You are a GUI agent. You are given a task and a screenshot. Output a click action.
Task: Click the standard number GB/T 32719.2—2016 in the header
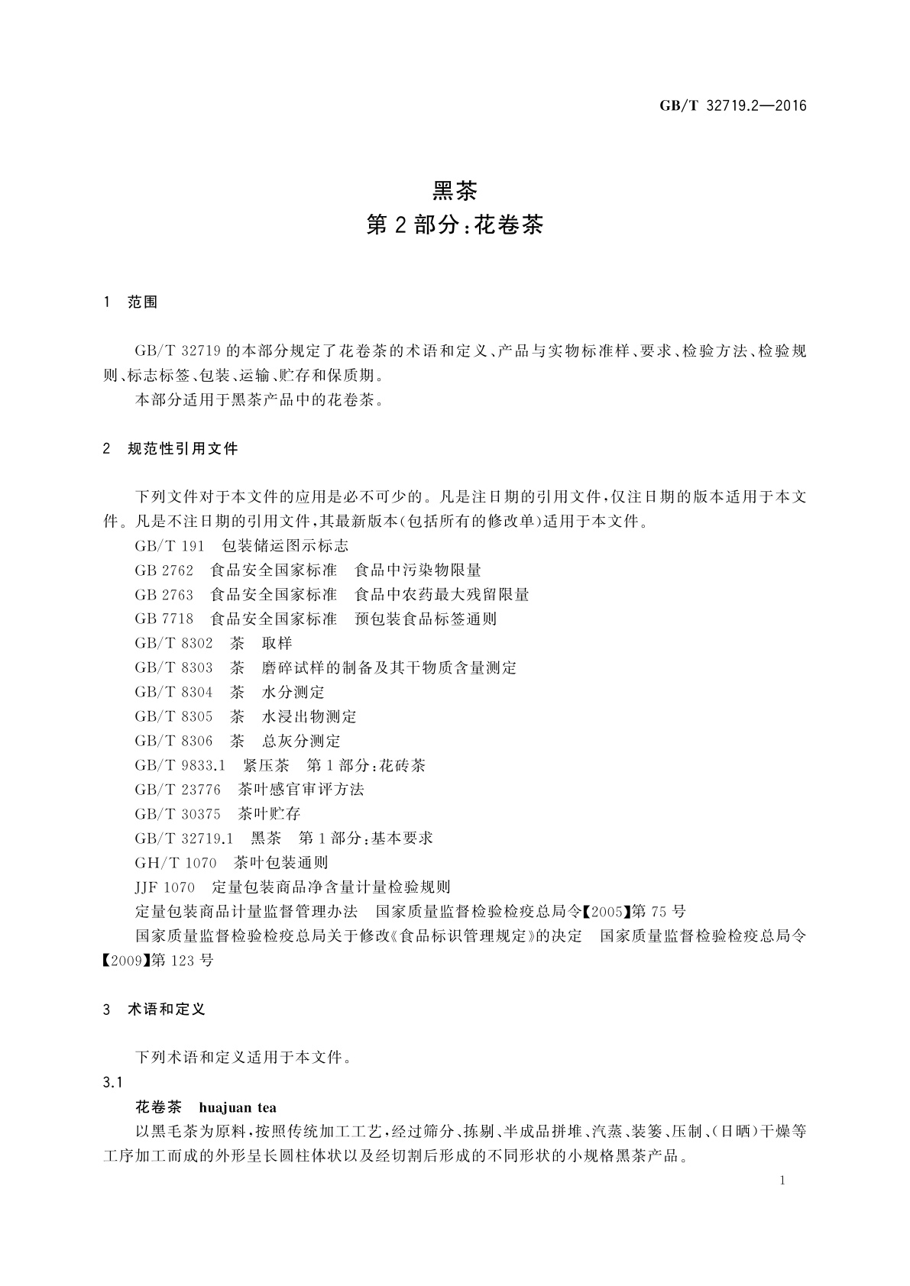coord(732,106)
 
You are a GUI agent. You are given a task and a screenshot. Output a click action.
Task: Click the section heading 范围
coord(143,302)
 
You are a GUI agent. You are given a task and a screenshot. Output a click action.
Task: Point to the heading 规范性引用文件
coord(183,449)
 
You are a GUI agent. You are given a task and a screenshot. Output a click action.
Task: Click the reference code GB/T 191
coord(170,546)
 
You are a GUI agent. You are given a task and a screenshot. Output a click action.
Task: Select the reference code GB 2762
coord(164,570)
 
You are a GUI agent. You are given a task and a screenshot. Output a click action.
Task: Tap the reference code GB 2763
coord(164,595)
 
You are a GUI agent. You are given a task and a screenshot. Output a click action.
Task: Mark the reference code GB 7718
coord(164,619)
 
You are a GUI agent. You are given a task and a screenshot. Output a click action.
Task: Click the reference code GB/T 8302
coord(173,644)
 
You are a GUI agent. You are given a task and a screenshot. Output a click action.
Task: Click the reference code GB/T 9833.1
coord(180,766)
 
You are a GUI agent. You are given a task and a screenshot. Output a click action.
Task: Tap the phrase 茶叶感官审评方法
coord(301,790)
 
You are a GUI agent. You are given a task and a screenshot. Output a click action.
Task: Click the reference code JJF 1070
coord(165,887)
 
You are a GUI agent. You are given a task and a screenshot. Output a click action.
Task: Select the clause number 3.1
coord(112,1083)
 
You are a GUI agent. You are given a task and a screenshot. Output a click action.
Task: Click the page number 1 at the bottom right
coord(782,1181)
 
